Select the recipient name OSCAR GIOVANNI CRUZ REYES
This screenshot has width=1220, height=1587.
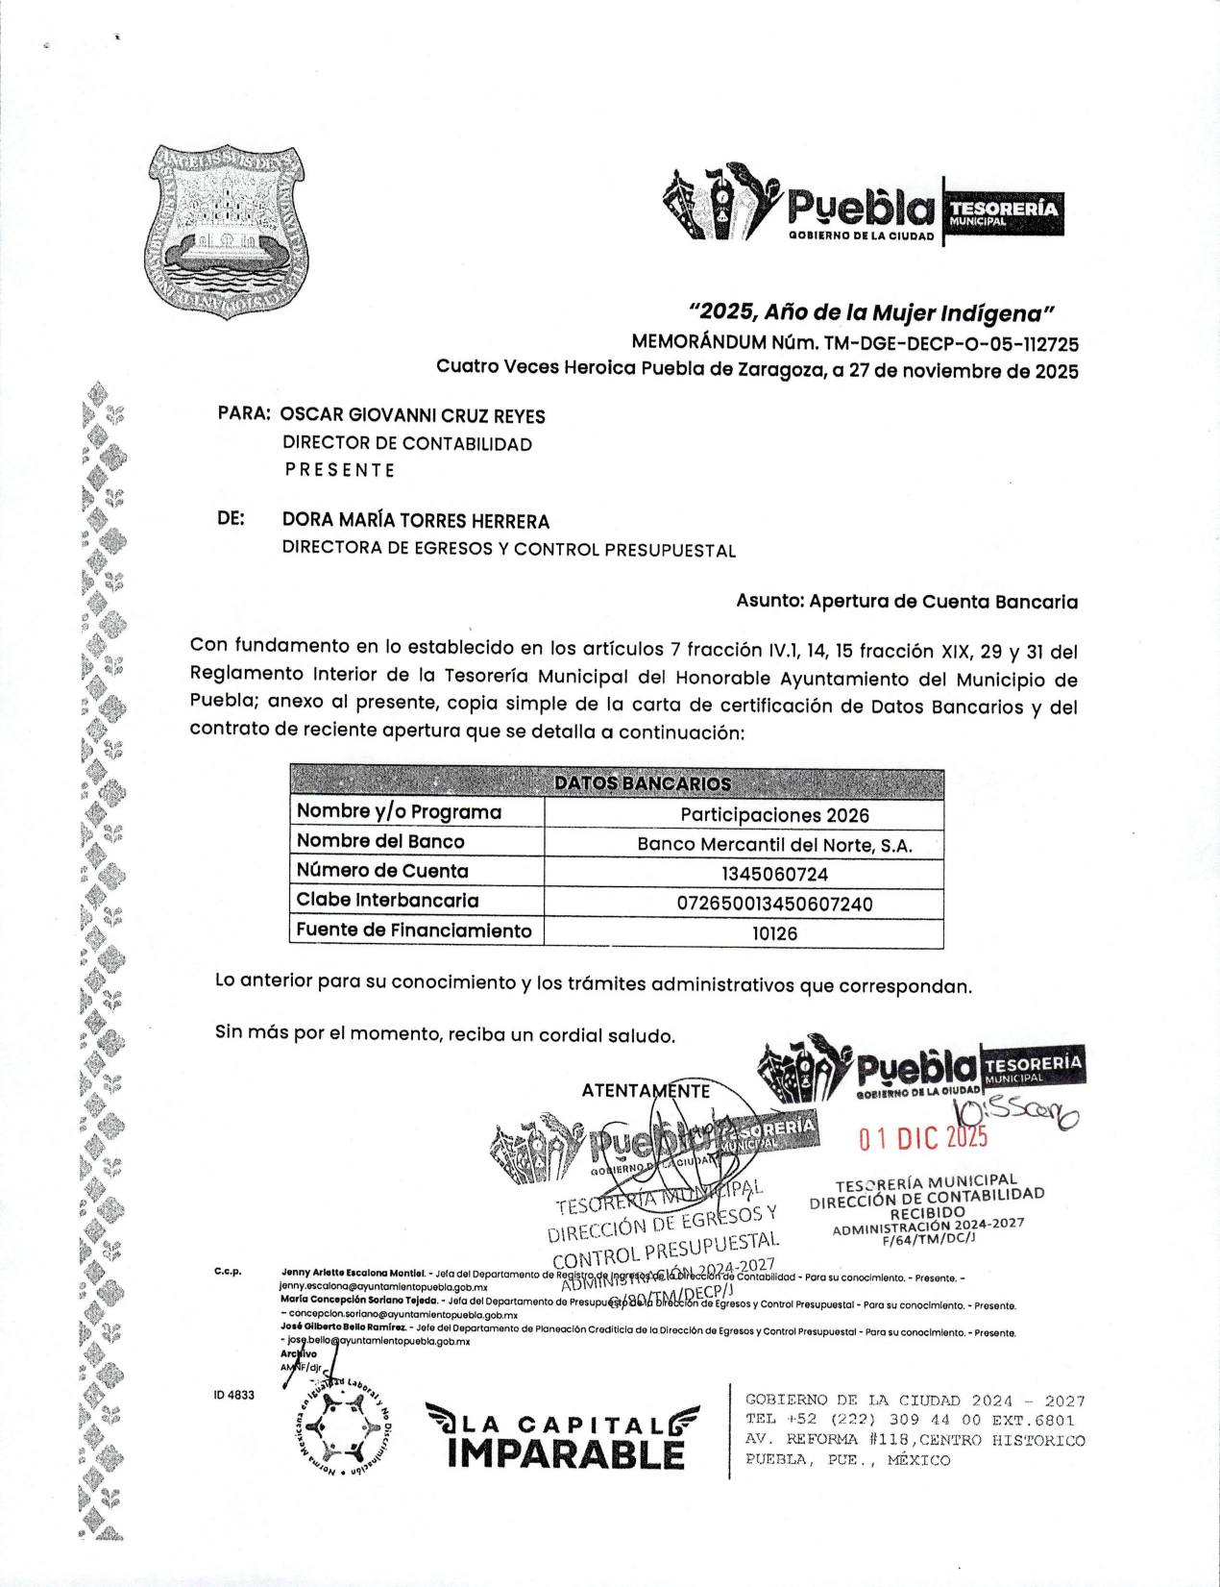coord(413,416)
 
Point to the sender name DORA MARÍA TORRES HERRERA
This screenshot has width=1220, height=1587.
coord(416,522)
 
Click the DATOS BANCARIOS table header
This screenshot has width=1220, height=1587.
coord(643,783)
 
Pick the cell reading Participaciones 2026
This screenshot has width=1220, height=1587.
coord(774,815)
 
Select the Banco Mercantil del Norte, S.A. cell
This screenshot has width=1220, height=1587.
coord(774,845)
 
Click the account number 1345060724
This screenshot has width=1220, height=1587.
coord(774,874)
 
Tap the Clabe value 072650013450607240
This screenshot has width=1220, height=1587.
coord(774,904)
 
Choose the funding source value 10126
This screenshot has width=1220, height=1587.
coord(774,933)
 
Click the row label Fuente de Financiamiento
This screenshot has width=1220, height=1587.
coord(414,930)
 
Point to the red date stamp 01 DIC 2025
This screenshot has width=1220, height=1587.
coord(923,1138)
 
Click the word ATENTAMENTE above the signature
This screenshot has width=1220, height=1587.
coord(646,1091)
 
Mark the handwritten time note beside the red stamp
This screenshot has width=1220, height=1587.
coord(1016,1113)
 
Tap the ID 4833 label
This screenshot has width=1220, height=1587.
coord(234,1395)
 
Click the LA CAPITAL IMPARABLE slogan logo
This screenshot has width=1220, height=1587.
coord(564,1437)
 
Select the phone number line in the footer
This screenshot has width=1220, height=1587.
coord(910,1420)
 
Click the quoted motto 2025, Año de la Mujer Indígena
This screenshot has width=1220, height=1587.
coord(871,313)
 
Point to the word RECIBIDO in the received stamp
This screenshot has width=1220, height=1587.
coord(927,1213)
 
